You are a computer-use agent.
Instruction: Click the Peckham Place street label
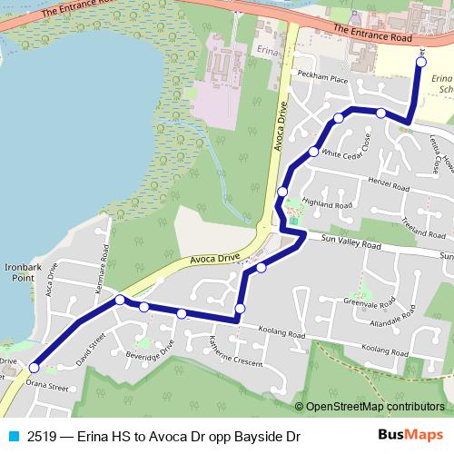[x=326, y=80]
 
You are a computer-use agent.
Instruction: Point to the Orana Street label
[x=46, y=387]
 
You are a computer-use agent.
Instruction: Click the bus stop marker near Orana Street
[x=34, y=368]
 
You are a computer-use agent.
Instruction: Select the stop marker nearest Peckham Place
[x=339, y=117]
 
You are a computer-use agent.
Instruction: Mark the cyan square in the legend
[x=14, y=437]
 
